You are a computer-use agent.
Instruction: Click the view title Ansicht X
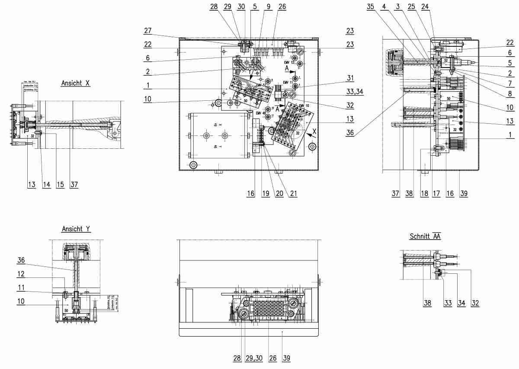coord(76,82)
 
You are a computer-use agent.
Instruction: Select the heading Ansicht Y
coord(76,229)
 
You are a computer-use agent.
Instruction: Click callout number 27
coord(148,30)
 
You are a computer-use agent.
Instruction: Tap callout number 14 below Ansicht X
coord(46,185)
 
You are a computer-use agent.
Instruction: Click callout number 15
coord(60,185)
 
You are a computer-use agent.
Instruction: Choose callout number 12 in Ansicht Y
coord(21,274)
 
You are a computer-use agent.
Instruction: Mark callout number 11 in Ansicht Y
coord(21,287)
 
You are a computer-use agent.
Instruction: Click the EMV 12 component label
coord(289,62)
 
